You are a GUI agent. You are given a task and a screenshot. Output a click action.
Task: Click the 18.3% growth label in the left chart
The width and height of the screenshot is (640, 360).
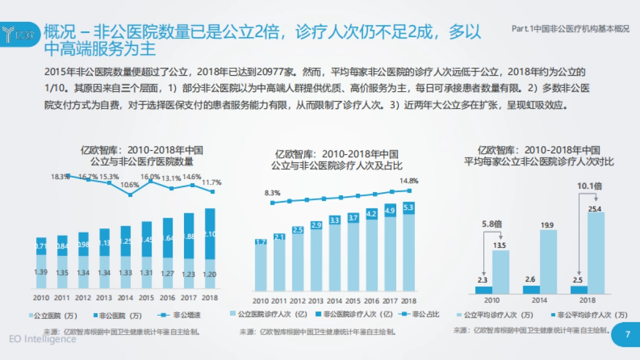[x=60, y=176]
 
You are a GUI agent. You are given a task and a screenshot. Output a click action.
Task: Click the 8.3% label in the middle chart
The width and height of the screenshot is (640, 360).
[x=273, y=193]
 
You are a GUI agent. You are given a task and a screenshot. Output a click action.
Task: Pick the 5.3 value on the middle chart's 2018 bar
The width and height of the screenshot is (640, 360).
[x=409, y=207]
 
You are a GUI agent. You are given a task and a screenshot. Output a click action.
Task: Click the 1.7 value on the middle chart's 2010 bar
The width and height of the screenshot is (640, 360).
[x=261, y=242]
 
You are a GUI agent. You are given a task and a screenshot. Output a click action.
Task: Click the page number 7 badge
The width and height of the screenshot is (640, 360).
[x=627, y=334]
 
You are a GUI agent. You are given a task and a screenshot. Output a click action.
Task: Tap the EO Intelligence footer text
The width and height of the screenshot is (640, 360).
[x=43, y=339]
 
